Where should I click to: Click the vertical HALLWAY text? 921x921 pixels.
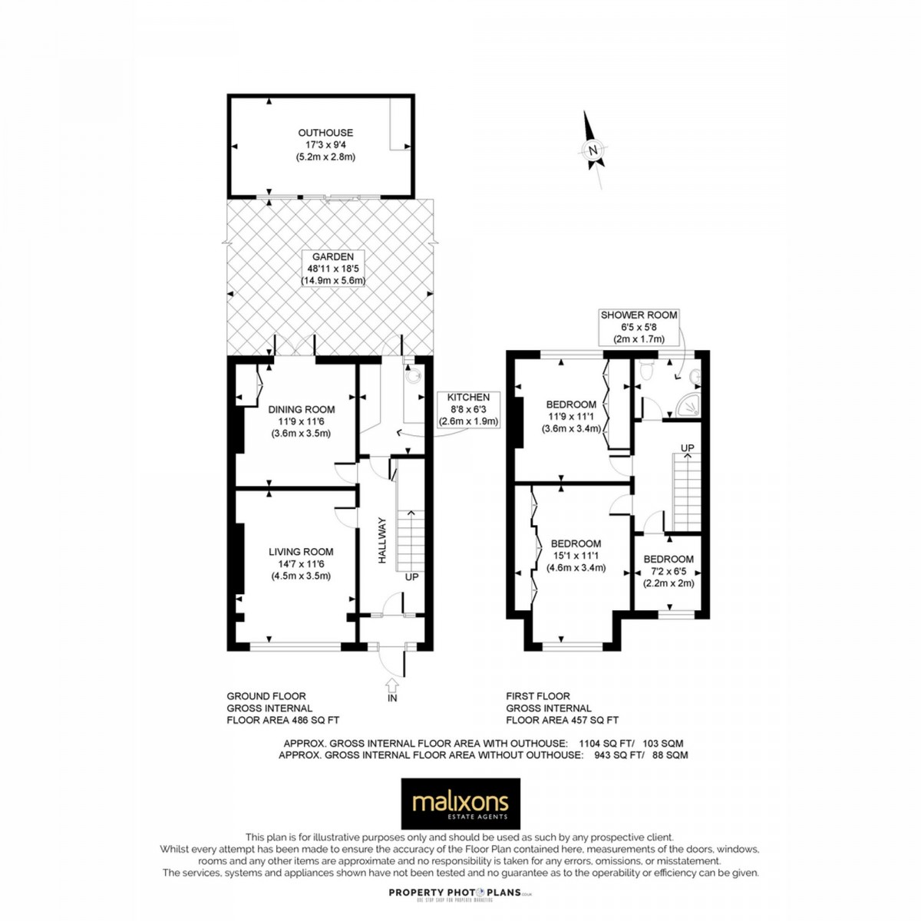(381, 540)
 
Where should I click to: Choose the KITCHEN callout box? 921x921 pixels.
(468, 409)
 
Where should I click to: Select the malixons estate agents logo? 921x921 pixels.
(460, 804)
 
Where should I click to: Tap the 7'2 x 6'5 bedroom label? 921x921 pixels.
(668, 571)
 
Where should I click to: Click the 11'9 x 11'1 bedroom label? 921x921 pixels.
(571, 417)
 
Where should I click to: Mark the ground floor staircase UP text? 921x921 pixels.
(411, 576)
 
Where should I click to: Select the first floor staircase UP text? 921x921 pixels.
(688, 447)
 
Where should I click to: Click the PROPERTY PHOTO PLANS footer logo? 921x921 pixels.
(460, 892)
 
